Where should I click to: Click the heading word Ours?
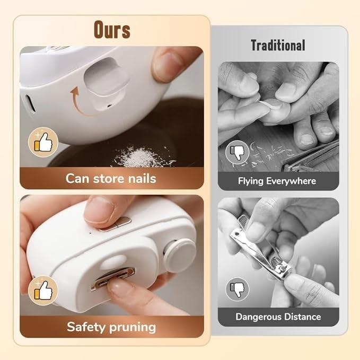tap(111, 30)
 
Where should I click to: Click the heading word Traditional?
tap(278, 46)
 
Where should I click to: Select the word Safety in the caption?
tap(87, 327)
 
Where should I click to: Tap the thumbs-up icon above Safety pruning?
tap(42, 290)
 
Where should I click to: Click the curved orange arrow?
tap(77, 102)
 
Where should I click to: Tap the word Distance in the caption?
tap(302, 317)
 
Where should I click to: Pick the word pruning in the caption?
tap(133, 327)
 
